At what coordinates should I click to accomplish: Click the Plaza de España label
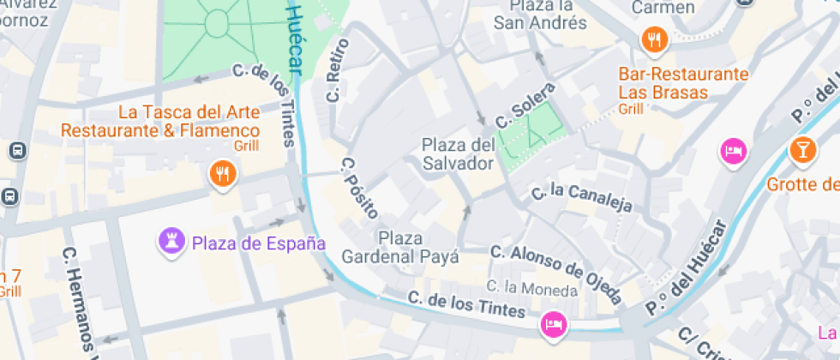(x=258, y=243)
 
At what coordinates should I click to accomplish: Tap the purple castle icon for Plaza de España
(x=171, y=242)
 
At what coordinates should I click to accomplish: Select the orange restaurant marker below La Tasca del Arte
(x=222, y=174)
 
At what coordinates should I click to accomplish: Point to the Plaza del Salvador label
(x=458, y=153)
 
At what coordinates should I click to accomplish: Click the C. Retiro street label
(x=338, y=70)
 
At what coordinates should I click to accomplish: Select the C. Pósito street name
(x=358, y=186)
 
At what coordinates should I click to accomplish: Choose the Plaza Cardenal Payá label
(x=400, y=246)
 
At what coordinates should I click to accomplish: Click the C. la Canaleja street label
(x=582, y=199)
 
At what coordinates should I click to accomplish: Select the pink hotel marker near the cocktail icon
(x=733, y=152)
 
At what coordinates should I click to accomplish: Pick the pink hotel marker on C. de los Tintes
(x=553, y=323)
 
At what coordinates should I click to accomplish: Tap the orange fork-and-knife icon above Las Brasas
(x=654, y=38)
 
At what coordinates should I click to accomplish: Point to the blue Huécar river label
(x=300, y=34)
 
